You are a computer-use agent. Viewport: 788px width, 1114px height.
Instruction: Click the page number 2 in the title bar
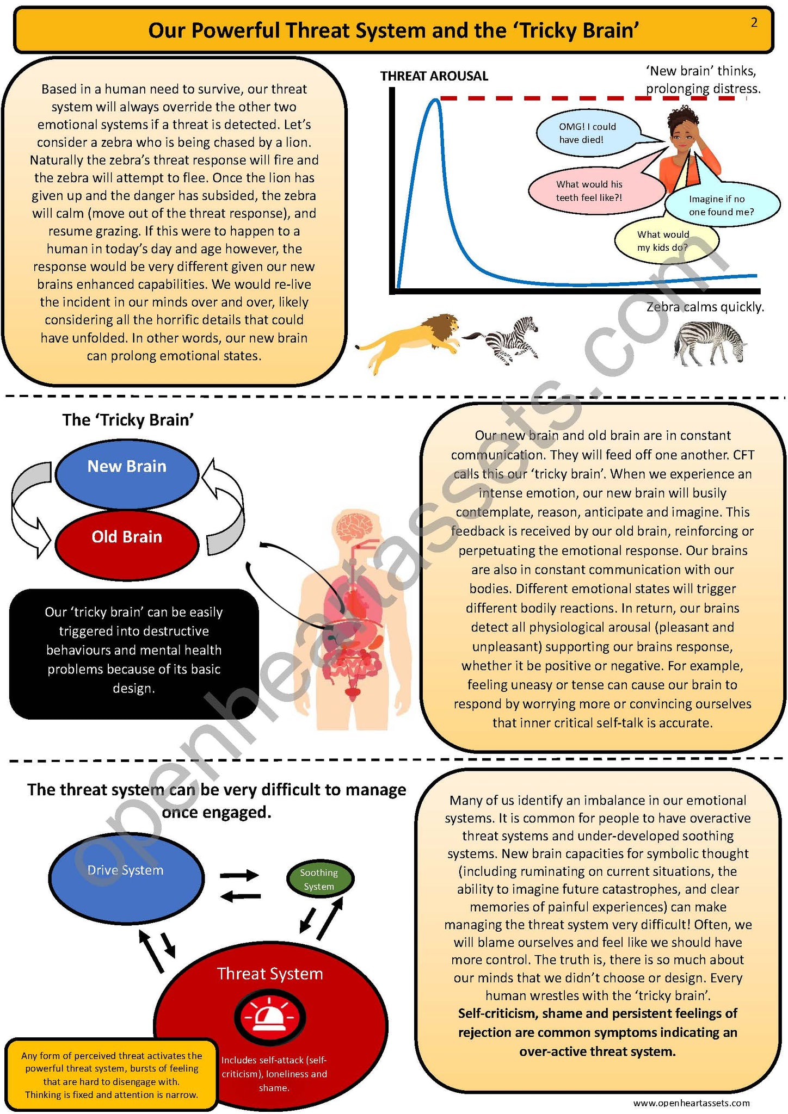coord(754,23)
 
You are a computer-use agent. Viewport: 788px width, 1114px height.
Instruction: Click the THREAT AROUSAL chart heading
coord(434,76)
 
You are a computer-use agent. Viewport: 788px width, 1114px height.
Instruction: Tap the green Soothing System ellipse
coord(319,879)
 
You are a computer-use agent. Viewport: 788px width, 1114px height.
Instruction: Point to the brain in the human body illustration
coord(354,527)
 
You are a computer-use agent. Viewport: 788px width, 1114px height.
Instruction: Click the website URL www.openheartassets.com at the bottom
coord(691,1103)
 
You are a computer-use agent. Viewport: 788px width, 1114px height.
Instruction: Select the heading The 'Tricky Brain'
coord(128,420)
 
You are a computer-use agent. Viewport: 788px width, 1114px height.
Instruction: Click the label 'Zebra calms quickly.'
coord(705,307)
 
